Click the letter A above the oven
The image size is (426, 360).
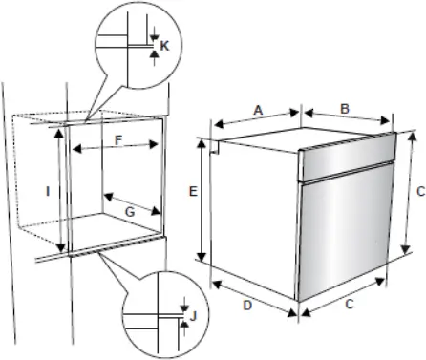(x=258, y=111)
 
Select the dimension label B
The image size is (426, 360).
(x=345, y=109)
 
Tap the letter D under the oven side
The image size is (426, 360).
(x=247, y=306)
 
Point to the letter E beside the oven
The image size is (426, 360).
(x=193, y=192)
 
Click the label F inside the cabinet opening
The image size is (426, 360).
(x=118, y=140)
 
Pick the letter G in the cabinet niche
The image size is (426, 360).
(x=130, y=212)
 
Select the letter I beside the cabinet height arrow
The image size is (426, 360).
(x=48, y=192)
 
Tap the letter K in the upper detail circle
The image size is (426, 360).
(x=164, y=46)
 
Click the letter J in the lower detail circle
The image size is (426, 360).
(x=193, y=316)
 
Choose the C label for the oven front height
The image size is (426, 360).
(x=420, y=192)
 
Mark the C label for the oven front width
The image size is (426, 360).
(x=350, y=305)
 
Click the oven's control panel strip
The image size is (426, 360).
(x=348, y=157)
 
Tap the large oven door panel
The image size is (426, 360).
(x=345, y=231)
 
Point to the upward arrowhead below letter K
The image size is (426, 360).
(x=154, y=53)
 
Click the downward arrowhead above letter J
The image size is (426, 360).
(x=184, y=308)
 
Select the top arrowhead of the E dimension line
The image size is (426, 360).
(x=202, y=145)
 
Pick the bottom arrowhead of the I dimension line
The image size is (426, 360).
(x=60, y=247)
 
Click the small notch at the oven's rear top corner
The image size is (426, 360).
(x=215, y=148)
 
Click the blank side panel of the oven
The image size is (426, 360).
(x=255, y=220)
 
